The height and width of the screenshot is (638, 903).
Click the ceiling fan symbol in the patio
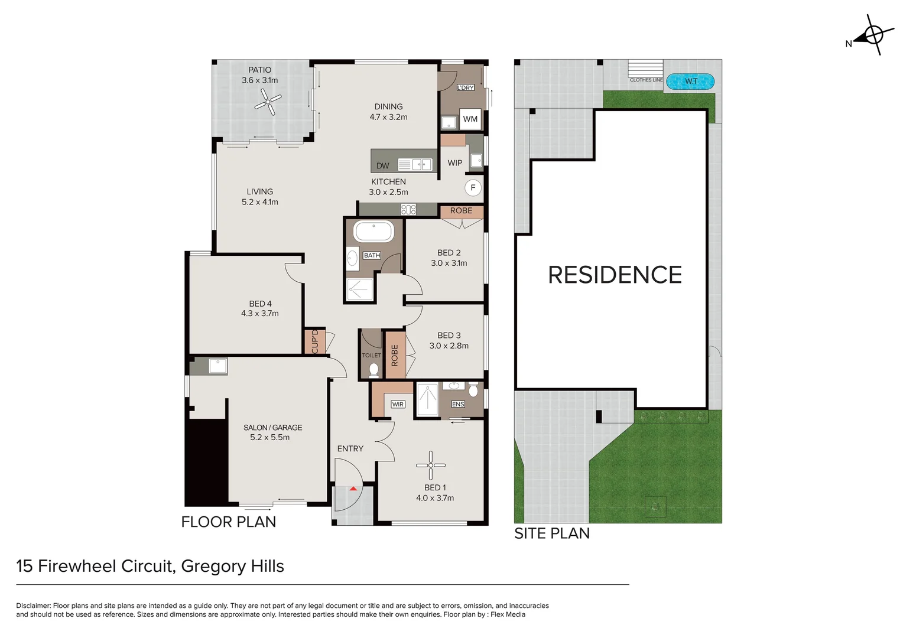click(268, 102)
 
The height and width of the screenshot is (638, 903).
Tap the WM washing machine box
click(470, 119)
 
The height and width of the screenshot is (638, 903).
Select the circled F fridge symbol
click(473, 188)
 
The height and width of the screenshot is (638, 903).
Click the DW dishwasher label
click(383, 166)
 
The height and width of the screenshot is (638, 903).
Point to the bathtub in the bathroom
click(373, 232)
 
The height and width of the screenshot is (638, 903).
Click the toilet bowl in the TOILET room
click(373, 370)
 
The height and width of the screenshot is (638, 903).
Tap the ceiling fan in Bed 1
click(431, 465)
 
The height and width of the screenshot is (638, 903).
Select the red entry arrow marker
click(353, 489)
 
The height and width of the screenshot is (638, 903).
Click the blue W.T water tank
click(691, 82)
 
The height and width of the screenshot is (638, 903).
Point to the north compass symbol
click(873, 35)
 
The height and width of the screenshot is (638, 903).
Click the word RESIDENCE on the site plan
click(615, 275)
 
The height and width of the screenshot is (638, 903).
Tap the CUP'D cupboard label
click(315, 341)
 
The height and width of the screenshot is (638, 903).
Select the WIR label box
click(398, 405)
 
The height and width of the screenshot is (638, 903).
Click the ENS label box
click(458, 404)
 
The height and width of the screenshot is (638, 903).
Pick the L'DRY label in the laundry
click(466, 87)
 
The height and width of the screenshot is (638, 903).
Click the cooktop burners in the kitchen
click(408, 209)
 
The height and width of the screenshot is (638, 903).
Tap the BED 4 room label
click(260, 304)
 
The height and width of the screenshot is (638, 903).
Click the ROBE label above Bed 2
click(461, 211)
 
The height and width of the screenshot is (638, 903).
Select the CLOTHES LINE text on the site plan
click(646, 80)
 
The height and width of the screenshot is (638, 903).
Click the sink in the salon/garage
click(217, 366)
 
